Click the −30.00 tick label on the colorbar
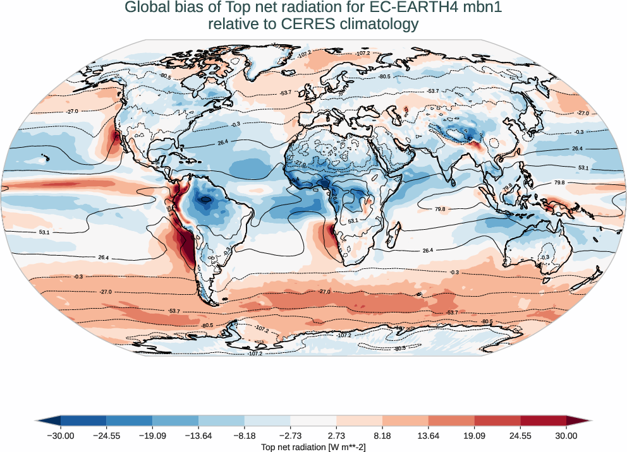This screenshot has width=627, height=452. [61, 436]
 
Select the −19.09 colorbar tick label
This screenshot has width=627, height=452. [153, 436]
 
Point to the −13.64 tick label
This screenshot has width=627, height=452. [198, 436]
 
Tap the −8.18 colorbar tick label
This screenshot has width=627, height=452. [245, 436]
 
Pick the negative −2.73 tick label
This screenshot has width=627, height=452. [291, 436]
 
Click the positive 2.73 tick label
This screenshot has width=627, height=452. [337, 436]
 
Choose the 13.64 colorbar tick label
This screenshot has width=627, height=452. [429, 436]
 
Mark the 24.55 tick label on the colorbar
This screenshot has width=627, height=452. [520, 436]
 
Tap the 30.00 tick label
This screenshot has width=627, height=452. [566, 436]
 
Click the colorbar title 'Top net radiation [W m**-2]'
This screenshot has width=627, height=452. [313, 447]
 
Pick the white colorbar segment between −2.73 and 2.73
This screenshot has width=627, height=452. [313, 420]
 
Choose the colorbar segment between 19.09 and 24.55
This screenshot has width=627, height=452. [497, 420]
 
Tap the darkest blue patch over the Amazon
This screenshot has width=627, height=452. [204, 199]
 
